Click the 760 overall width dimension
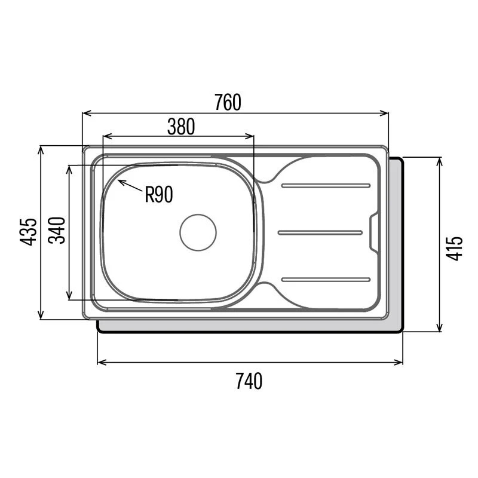tap(228, 102)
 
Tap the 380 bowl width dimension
tap(181, 127)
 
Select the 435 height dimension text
tap(28, 232)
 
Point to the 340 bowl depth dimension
tap(57, 230)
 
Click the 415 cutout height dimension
tap(455, 248)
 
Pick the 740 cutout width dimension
tap(249, 381)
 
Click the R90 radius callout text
tap(159, 195)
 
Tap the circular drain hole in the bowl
tap(198, 232)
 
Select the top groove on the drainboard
tap(326, 185)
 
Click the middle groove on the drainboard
tap(320, 232)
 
